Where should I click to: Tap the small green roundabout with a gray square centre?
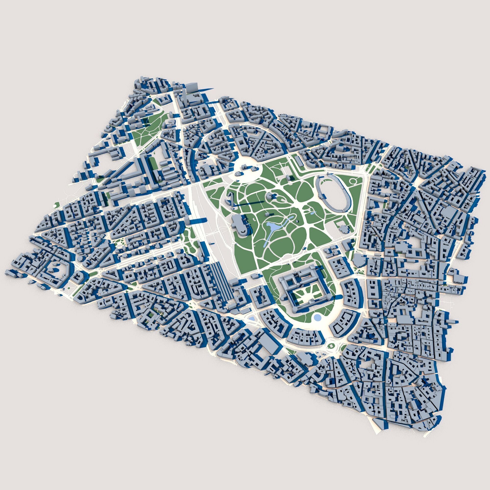click(x=331, y=345)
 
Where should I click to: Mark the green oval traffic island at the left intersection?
click(x=93, y=274)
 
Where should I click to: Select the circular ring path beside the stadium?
click(x=353, y=181)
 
